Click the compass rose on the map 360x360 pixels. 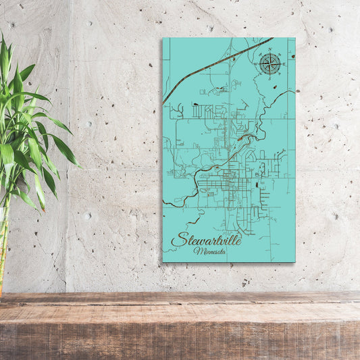click(269, 64)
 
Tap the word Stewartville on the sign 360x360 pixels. click(206, 239)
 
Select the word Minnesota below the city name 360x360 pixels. click(210, 251)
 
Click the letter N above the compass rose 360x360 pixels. click(269, 50)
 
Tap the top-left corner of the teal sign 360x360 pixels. click(163, 38)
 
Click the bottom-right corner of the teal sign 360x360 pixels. click(294, 261)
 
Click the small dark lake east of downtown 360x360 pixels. click(259, 182)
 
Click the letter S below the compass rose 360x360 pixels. click(269, 79)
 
